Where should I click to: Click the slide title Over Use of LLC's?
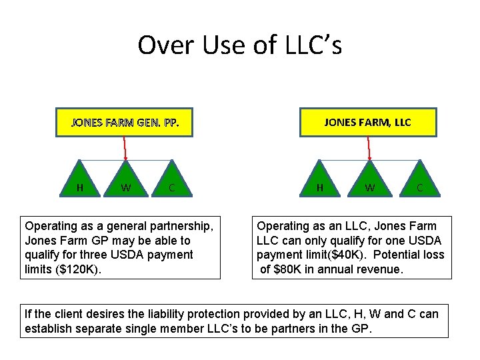click(239, 45)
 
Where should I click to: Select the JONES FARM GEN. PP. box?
click(125, 123)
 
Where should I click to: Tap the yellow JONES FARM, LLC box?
click(367, 122)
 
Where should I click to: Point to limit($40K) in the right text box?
click(342, 255)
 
